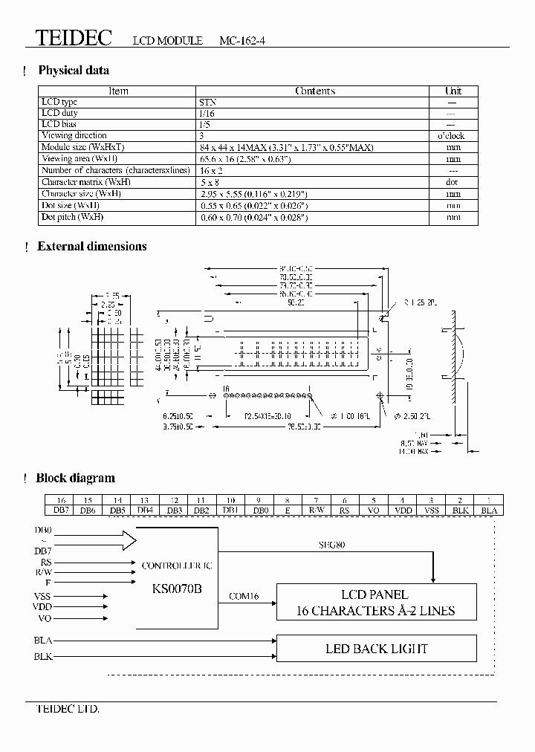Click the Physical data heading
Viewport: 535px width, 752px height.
pos(74,71)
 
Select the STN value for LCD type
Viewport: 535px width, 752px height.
pos(208,102)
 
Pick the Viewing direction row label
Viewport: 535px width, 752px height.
pos(74,135)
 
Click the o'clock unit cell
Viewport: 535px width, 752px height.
pos(453,136)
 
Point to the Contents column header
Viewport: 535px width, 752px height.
pos(315,91)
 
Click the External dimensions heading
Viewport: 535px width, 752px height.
pos(92,247)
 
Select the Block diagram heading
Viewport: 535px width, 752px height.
pos(75,479)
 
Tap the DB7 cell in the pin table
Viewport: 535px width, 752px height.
pos(60,510)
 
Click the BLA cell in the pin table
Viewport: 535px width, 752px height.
pos(489,510)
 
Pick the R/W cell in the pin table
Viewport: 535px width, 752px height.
pos(317,510)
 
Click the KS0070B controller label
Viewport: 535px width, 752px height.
pos(177,587)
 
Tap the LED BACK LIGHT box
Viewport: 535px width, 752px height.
pos(376,649)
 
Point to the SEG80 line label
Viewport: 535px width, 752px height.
pos(331,546)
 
